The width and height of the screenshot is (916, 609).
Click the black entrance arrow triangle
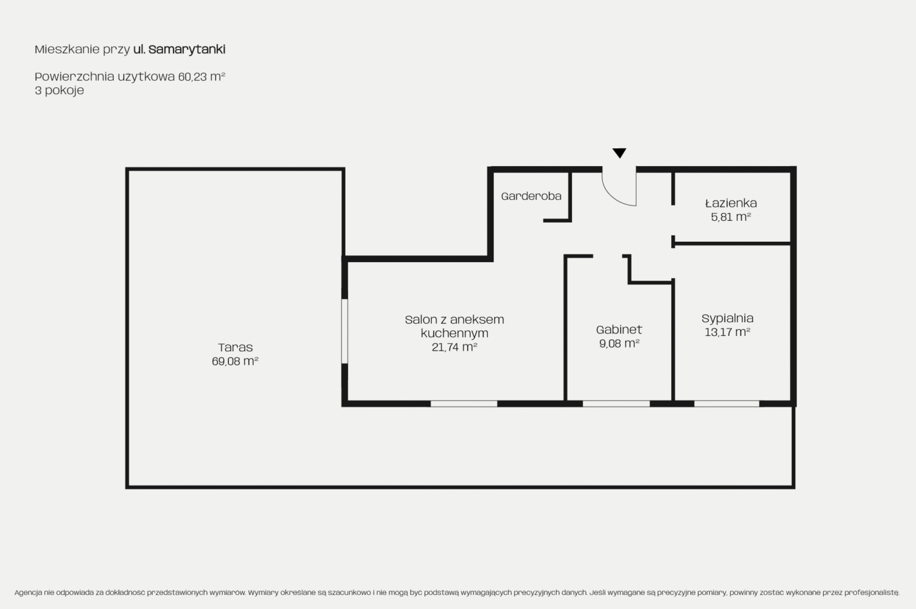(x=619, y=153)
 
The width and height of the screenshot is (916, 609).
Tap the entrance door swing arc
(x=612, y=197)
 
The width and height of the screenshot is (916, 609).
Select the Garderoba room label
(x=531, y=197)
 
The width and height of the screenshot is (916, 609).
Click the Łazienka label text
(x=731, y=203)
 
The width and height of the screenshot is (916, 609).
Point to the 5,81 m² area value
(x=731, y=217)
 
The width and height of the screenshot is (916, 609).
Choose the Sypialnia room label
(x=727, y=318)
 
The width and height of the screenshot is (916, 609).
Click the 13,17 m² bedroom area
(x=727, y=332)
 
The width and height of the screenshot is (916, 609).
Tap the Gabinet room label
(x=619, y=330)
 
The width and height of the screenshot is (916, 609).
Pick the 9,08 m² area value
(x=619, y=343)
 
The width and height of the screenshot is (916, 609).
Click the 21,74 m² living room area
(x=454, y=347)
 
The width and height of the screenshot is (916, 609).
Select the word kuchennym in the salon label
(x=454, y=333)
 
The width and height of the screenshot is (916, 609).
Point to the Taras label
(x=235, y=347)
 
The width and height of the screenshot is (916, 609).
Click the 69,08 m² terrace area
(x=235, y=361)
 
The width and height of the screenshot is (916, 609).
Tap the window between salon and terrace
(x=345, y=332)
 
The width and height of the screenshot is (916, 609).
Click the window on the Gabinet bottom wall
(x=616, y=403)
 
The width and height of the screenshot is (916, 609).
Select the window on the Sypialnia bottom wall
(x=726, y=403)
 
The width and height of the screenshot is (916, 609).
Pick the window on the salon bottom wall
(x=464, y=403)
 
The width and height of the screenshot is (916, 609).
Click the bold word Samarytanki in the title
(x=187, y=50)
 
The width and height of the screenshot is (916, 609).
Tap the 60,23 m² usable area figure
(x=202, y=76)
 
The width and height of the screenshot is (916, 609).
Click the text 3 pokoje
(x=59, y=90)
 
